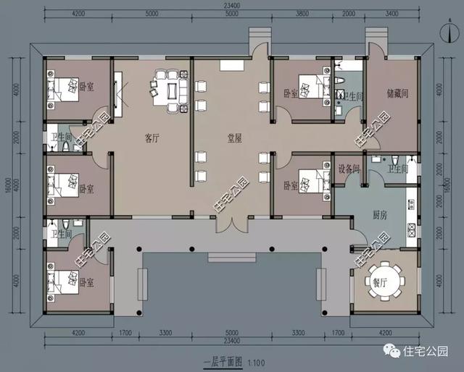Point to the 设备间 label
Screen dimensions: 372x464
349,169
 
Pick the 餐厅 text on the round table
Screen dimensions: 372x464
380,282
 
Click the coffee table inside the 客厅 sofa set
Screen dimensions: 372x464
173,90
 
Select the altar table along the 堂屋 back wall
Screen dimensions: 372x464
233,66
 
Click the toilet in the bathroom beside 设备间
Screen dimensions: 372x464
391,160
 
